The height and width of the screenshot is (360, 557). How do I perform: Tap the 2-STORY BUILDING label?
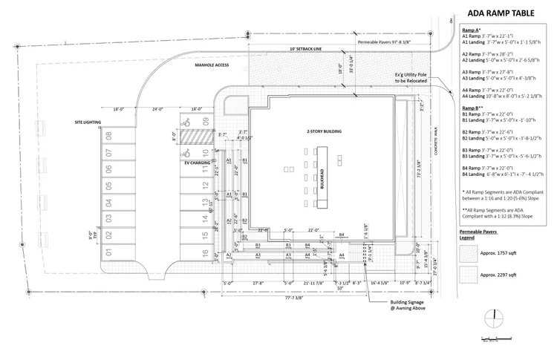(x=324, y=131)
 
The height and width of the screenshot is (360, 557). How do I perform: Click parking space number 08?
(x=109, y=136)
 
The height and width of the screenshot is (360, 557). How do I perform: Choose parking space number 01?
(x=109, y=253)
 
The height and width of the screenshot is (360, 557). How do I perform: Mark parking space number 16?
(x=205, y=236)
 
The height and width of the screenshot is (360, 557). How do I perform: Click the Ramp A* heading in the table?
(x=472, y=30)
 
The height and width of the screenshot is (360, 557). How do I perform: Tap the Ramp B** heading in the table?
(x=473, y=108)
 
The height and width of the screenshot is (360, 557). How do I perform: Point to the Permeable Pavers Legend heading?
(x=478, y=235)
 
